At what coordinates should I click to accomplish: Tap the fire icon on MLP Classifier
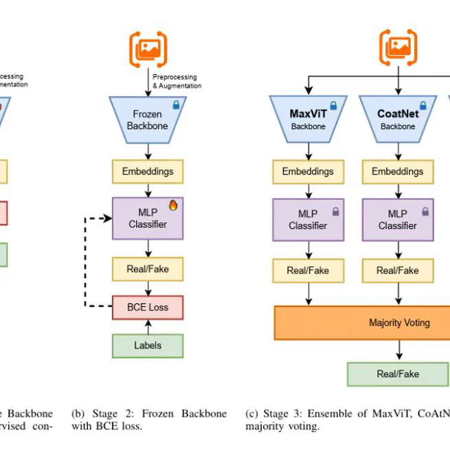tap(173, 205)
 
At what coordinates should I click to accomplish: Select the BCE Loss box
tap(148, 307)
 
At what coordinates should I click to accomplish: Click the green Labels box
tap(148, 346)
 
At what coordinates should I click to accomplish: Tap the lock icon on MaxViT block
tap(334, 106)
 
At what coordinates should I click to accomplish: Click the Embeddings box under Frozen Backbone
tap(148, 171)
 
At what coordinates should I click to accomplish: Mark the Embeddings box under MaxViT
tap(308, 171)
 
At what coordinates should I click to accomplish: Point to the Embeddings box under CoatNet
tap(398, 171)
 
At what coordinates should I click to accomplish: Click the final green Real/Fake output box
tap(398, 374)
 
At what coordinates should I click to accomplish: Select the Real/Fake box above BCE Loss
tap(148, 269)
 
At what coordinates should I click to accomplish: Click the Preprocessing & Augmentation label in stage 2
tap(177, 82)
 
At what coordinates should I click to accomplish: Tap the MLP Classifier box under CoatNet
tap(398, 219)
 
